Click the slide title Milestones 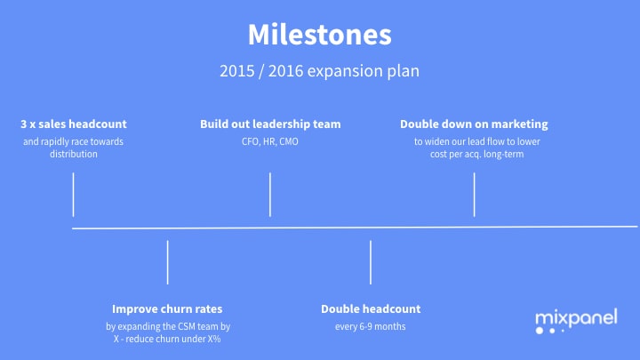click(x=319, y=35)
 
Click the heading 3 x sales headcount click(x=74, y=124)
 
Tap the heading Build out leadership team click(x=270, y=124)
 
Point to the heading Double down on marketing click(x=474, y=124)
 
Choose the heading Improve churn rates click(x=167, y=308)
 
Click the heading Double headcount click(x=371, y=308)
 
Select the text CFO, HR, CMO click(x=270, y=141)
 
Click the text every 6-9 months click(x=371, y=326)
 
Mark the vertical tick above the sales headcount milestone click(x=73, y=195)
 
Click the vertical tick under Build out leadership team click(x=270, y=195)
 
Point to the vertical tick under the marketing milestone click(x=475, y=195)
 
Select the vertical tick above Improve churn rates click(x=167, y=262)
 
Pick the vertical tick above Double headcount click(x=371, y=262)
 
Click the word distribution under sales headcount click(x=74, y=154)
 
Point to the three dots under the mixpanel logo click(x=549, y=331)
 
